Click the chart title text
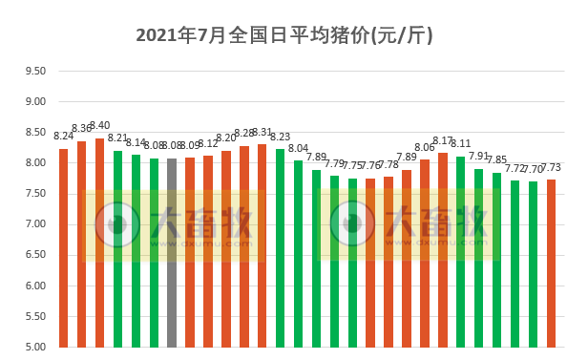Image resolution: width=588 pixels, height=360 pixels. pos(284,36)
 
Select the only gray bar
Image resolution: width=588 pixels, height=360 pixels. pos(172,252)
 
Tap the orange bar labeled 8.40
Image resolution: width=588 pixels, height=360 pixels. pos(99,243)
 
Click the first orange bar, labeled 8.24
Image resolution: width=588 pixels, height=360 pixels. pos(64,247)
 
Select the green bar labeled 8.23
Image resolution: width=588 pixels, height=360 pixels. pos(281,247)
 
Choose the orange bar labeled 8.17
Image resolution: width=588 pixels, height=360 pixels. pos(443,249)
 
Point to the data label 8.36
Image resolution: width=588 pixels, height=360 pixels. pos(82,129)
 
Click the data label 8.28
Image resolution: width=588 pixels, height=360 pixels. pos(244,134)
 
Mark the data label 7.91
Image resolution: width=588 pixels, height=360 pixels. pos(479,156)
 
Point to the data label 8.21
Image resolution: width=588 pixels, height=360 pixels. pos(117,138)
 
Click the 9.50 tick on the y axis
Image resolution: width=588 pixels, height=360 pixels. pos(35,71)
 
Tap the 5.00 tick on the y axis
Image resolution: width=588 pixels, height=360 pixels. pos(35,347)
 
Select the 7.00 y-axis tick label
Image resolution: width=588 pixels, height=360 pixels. pos(35,224)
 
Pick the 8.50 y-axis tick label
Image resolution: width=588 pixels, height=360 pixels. pos(35,132)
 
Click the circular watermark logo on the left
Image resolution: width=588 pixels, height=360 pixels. pos(116,224)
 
